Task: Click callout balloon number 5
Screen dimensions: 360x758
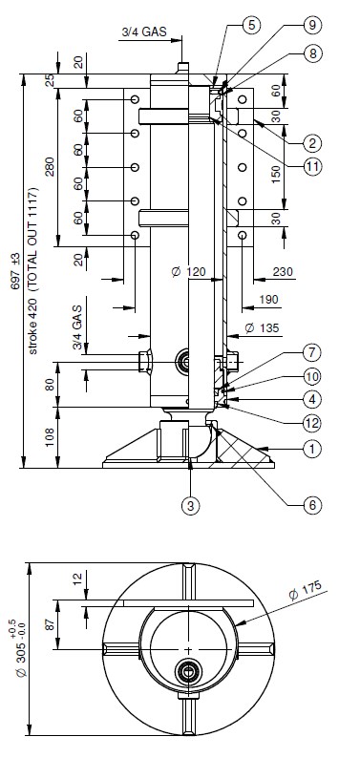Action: coord(252,25)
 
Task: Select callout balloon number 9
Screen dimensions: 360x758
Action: coord(312,25)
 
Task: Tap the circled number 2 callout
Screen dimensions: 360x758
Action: coord(312,143)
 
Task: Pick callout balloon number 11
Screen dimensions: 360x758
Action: coord(312,167)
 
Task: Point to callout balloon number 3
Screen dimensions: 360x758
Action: coord(191,506)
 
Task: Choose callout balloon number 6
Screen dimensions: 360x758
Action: coord(312,505)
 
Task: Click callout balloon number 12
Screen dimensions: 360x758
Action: coord(312,424)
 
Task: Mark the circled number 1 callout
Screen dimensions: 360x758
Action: coord(312,449)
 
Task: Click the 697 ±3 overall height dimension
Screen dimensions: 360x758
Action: coord(15,271)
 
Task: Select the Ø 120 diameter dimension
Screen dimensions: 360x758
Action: coord(189,272)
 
